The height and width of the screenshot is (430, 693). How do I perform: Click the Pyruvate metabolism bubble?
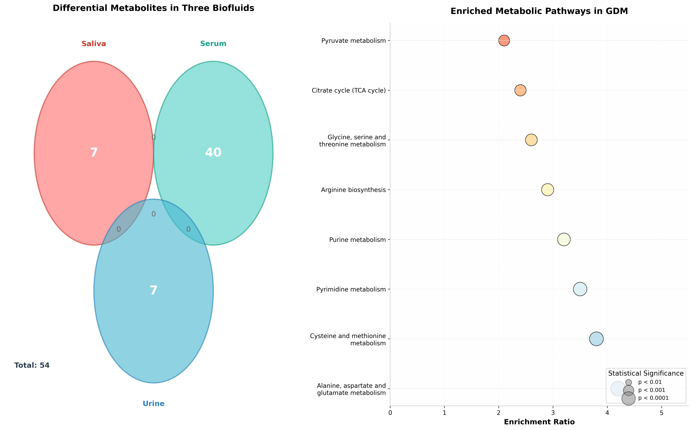click(504, 40)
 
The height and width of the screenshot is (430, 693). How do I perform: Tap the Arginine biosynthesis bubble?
click(547, 190)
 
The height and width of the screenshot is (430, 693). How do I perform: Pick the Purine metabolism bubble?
click(564, 240)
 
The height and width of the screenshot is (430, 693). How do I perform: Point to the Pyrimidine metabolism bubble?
click(580, 289)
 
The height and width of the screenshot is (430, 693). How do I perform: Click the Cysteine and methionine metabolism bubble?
click(596, 339)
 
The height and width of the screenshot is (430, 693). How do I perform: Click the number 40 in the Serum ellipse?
click(213, 153)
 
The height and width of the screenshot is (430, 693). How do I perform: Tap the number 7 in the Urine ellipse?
click(153, 291)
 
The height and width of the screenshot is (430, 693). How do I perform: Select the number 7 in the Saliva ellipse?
click(94, 153)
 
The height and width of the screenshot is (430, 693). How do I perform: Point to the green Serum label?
click(213, 44)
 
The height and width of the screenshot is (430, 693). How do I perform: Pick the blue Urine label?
click(153, 404)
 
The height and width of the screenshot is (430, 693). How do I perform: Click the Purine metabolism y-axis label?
click(357, 240)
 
